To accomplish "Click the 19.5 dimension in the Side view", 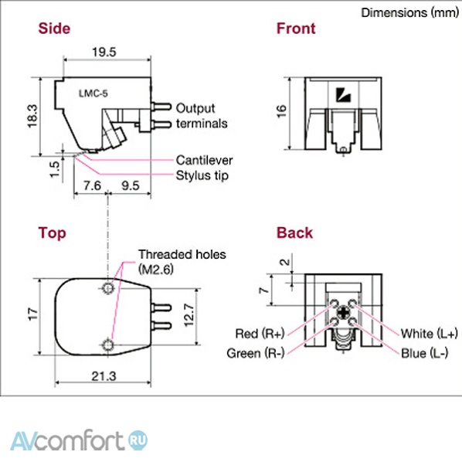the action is [x=104, y=53].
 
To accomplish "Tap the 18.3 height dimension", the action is [x=32, y=117].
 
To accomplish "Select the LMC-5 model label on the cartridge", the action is [x=93, y=93].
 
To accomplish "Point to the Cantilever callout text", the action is [x=204, y=160].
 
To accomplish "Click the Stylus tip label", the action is [x=202, y=175].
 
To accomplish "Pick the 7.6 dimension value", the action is [x=92, y=185].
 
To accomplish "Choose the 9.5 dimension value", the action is [x=131, y=185].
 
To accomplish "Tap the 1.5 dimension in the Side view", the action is [x=55, y=169].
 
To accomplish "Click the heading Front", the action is [x=296, y=29].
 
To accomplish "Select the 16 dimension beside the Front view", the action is [x=281, y=111].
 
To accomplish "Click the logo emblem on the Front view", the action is [x=343, y=95].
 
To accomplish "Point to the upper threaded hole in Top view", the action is [x=108, y=287].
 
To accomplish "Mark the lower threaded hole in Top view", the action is [x=108, y=344].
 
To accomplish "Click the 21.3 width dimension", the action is [x=104, y=376].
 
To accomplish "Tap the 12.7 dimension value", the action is [x=189, y=315].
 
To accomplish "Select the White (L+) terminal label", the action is [x=430, y=334].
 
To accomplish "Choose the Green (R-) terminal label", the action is [x=256, y=353].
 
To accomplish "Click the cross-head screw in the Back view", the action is [x=343, y=312].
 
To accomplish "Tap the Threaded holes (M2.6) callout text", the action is [x=182, y=262].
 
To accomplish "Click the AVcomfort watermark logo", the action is [x=79, y=440].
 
